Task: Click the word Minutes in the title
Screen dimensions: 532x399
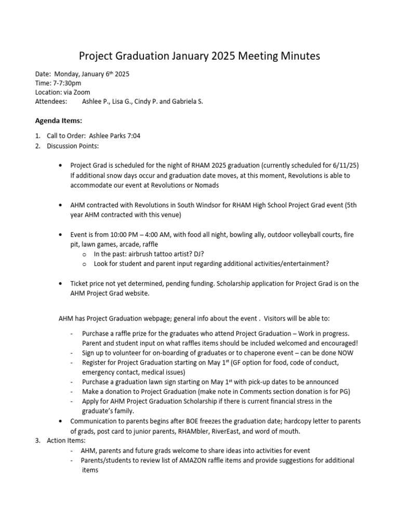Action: click(295, 55)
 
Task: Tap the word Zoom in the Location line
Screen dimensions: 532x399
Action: click(82, 92)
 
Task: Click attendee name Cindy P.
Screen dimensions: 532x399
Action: click(147, 101)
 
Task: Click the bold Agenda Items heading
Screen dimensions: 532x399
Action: click(58, 121)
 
